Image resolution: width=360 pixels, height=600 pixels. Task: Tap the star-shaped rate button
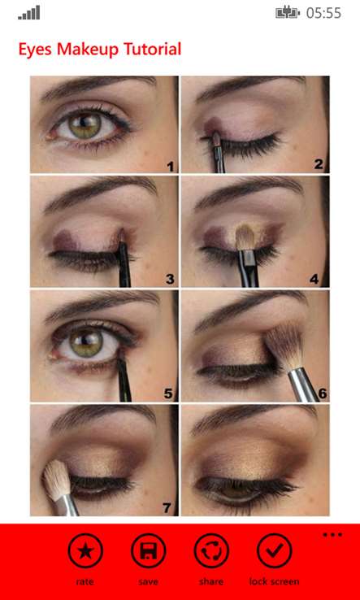point(85,550)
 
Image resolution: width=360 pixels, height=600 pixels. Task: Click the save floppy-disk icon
point(148,550)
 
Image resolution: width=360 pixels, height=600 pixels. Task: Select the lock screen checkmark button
point(275,550)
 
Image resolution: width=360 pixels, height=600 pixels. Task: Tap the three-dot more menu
point(332,535)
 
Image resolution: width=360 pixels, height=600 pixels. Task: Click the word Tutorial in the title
point(152,50)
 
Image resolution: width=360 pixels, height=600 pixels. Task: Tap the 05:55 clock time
point(323,13)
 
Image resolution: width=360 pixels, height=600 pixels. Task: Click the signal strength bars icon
point(28,12)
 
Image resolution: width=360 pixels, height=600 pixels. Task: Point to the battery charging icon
point(288,13)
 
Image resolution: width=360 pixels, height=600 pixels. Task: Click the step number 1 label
point(170,167)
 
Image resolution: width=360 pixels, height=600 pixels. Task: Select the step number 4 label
point(314,280)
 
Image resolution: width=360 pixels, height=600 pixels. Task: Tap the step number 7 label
point(167,508)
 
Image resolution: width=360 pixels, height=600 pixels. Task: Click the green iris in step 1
point(85,125)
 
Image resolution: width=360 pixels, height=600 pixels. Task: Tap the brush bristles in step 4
point(245,236)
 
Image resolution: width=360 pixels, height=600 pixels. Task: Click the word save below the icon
point(148,582)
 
